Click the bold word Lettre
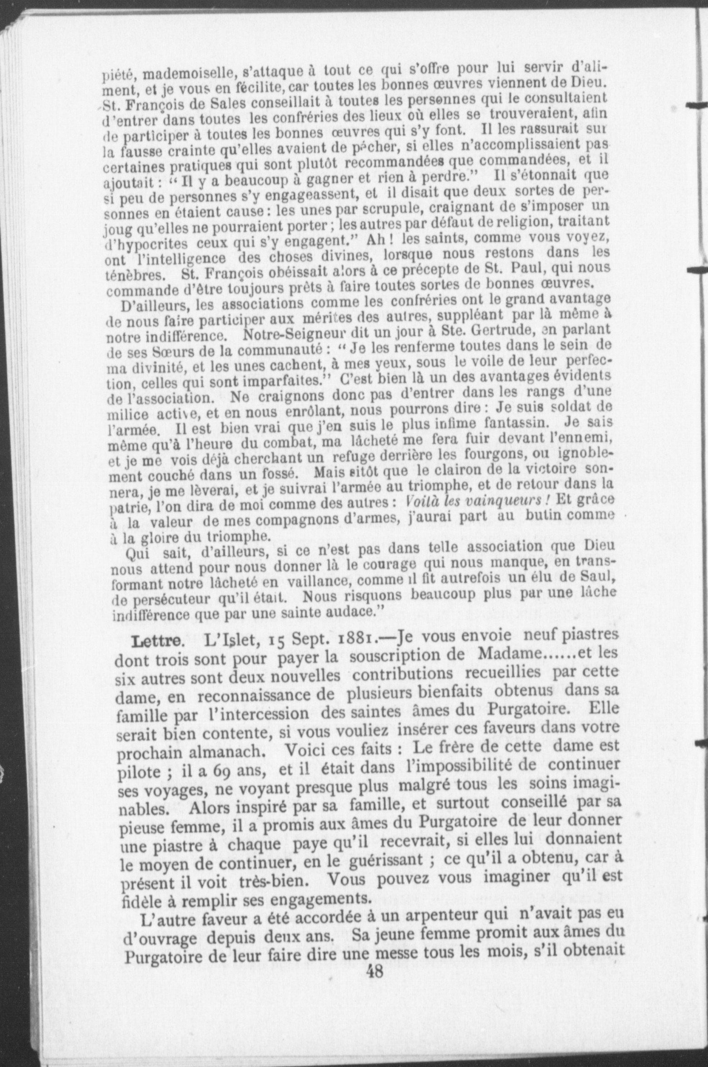[x=157, y=644]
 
